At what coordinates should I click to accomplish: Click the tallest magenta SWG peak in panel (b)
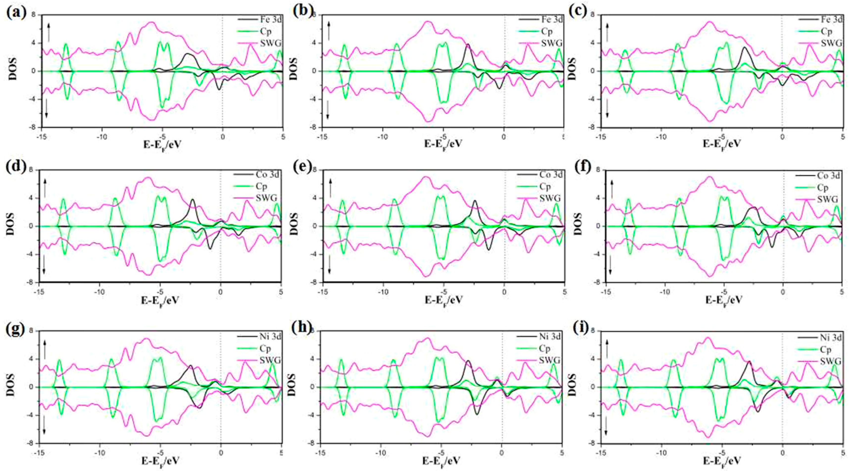[427, 22]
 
